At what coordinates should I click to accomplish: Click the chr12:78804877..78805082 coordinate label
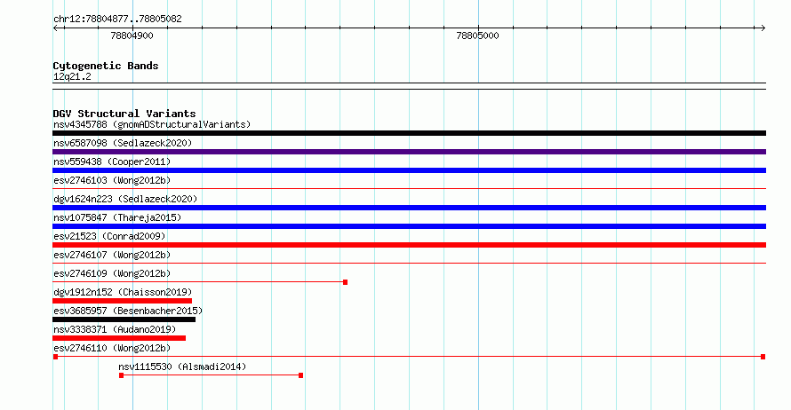(x=117, y=20)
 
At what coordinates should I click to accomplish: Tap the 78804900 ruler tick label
(x=132, y=35)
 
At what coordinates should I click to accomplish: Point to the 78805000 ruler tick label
(x=477, y=35)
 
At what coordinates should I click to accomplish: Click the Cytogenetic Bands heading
(x=106, y=66)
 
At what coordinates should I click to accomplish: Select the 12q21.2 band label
(x=72, y=76)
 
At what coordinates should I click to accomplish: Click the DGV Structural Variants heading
(x=124, y=114)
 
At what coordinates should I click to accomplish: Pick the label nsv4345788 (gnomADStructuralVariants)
(x=152, y=124)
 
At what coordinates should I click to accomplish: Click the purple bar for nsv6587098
(x=409, y=152)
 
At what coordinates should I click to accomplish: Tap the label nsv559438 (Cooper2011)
(x=112, y=162)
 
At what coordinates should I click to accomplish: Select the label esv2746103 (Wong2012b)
(x=112, y=180)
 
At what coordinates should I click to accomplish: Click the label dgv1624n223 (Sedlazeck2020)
(x=125, y=199)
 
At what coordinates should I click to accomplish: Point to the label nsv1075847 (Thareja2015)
(x=117, y=217)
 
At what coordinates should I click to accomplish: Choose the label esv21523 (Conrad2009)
(x=109, y=236)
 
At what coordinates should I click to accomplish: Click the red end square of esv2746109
(x=345, y=282)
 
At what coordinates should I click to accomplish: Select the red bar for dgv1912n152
(x=122, y=301)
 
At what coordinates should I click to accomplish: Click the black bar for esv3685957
(x=124, y=319)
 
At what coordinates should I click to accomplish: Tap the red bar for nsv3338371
(x=119, y=338)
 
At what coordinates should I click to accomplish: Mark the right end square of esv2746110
(x=763, y=357)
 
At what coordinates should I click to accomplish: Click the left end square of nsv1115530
(x=121, y=375)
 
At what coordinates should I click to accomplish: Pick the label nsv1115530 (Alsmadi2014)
(x=182, y=367)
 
